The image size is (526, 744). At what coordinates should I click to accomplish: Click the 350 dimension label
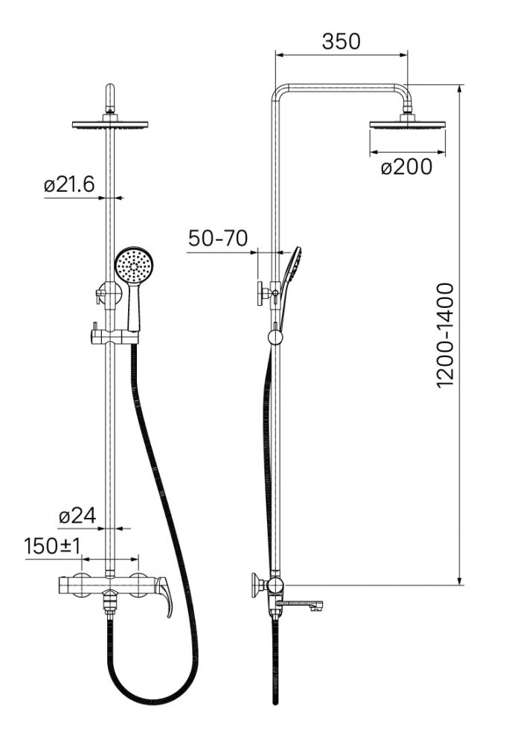click(341, 41)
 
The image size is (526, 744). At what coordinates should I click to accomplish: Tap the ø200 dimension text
click(407, 167)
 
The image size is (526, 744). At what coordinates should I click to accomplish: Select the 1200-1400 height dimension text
click(445, 336)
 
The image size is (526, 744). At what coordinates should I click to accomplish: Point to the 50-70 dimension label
click(218, 238)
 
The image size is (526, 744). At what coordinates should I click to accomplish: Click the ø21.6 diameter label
click(69, 184)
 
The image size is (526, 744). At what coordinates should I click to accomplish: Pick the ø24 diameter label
click(77, 516)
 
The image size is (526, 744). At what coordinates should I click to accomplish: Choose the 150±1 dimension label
click(53, 546)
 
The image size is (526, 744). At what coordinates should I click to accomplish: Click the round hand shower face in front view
click(132, 266)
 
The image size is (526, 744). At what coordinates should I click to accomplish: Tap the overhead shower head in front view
click(111, 125)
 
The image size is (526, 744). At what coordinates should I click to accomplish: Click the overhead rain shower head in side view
click(407, 125)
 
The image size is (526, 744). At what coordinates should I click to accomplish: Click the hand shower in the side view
click(289, 287)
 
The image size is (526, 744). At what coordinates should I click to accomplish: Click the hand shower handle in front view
click(134, 307)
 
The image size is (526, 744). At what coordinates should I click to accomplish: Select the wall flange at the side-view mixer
click(257, 586)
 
